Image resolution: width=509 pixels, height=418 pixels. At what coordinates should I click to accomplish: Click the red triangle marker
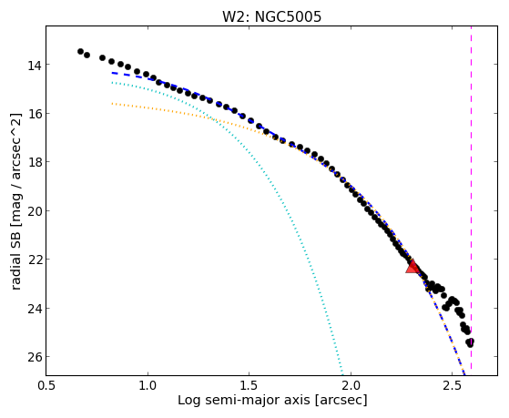pyautogui.click(x=412, y=266)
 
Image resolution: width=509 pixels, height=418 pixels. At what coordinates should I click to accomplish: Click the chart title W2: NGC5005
pyautogui.click(x=271, y=16)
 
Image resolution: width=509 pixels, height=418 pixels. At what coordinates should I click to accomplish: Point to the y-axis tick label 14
pyautogui.click(x=34, y=66)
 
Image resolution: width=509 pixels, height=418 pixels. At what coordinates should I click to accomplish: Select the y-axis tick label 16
pyautogui.click(x=34, y=114)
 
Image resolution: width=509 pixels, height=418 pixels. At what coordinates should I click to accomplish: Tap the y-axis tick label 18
pyautogui.click(x=34, y=162)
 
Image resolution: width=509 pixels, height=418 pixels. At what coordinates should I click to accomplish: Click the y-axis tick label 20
pyautogui.click(x=34, y=211)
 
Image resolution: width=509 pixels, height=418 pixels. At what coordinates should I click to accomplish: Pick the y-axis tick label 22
pyautogui.click(x=34, y=260)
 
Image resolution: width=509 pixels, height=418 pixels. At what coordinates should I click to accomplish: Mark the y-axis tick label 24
pyautogui.click(x=34, y=309)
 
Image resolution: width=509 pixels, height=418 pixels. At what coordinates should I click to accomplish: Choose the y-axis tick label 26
pyautogui.click(x=34, y=357)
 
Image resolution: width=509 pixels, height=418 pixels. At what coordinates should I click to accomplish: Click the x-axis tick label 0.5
pyautogui.click(x=46, y=385)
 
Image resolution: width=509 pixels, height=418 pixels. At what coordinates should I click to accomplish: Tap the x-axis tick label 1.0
pyautogui.click(x=148, y=385)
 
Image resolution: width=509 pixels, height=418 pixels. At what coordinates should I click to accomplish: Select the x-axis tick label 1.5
pyautogui.click(x=249, y=385)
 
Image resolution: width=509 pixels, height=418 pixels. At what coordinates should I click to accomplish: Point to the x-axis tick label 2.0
pyautogui.click(x=351, y=385)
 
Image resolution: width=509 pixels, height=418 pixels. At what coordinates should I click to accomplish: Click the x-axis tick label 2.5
pyautogui.click(x=452, y=385)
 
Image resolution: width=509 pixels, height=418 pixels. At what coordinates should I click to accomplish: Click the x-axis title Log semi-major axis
pyautogui.click(x=244, y=401)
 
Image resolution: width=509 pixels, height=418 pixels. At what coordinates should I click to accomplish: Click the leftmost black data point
pyautogui.click(x=80, y=51)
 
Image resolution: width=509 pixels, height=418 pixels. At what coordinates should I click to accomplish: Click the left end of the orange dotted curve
pyautogui.click(x=112, y=104)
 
